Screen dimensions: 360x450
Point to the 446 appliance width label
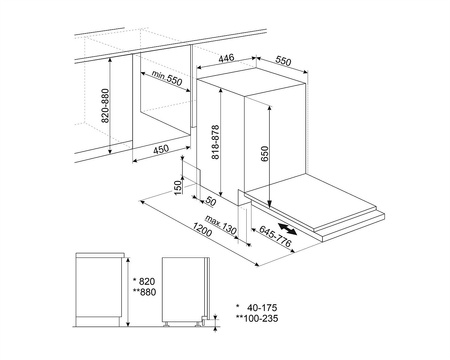pyautogui.click(x=229, y=59)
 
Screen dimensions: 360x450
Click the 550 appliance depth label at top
pyautogui.click(x=283, y=61)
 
